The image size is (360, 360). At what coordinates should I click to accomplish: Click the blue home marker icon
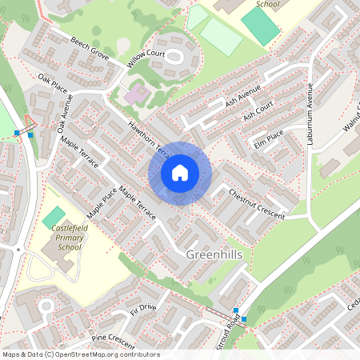[180, 173]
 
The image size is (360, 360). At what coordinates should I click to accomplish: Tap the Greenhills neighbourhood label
[214, 254]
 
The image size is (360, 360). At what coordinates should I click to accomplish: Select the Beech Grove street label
[89, 47]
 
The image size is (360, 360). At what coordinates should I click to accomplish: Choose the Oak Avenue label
[65, 115]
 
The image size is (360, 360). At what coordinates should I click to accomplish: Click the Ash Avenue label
[243, 98]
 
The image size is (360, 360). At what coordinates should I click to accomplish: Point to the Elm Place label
[269, 138]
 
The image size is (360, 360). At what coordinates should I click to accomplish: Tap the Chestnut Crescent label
[256, 204]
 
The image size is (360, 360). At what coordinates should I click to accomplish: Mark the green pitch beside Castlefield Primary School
[54, 216]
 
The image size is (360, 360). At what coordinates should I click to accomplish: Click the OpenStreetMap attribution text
[81, 354]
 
